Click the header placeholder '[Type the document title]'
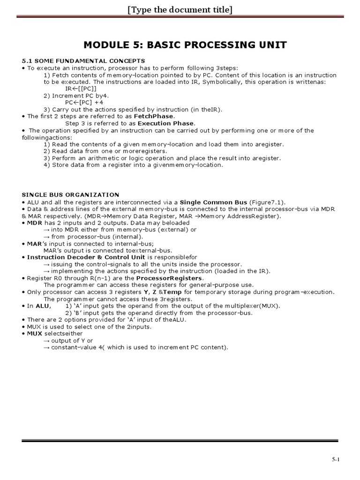tap(180, 9)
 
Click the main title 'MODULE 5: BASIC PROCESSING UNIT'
tap(185, 45)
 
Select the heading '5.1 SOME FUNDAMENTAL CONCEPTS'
tap(83, 61)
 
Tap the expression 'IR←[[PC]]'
tap(81, 89)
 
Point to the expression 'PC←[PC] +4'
tap(84, 102)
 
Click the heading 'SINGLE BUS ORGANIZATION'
tap(71, 195)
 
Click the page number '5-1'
tap(336, 460)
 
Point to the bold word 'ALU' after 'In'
tap(42, 306)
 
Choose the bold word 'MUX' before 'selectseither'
tap(35, 333)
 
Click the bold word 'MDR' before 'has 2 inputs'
tap(35, 223)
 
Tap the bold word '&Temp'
tap(172, 292)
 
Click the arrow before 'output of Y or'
tap(46, 340)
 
